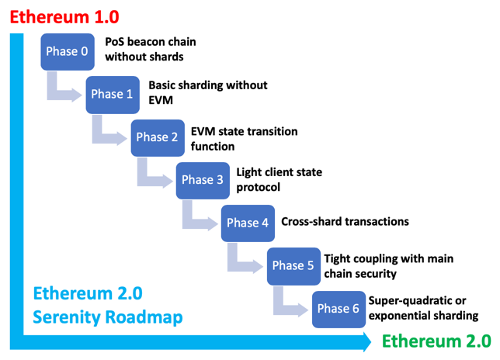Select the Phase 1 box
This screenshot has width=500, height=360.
coord(107,95)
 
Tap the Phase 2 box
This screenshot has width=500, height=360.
coord(152,137)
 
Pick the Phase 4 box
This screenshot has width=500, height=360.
coord(243,223)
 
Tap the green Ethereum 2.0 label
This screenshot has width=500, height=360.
coord(437,341)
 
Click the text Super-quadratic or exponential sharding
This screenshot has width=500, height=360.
coord(423,308)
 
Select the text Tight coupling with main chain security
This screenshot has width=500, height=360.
coord(387,265)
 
